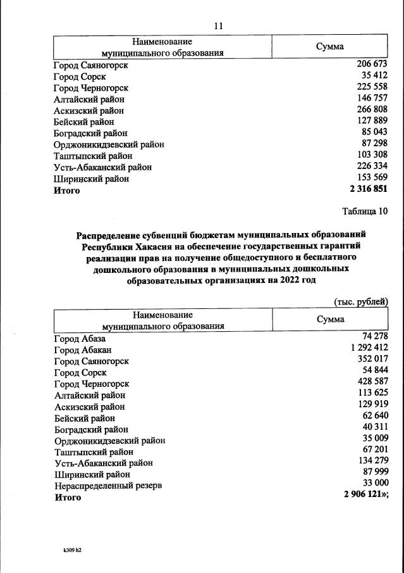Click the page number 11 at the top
click(219, 26)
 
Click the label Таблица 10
click(364, 211)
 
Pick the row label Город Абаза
click(80, 339)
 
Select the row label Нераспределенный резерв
click(108, 486)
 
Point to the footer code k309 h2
click(68, 550)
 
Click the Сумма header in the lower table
click(330, 319)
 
